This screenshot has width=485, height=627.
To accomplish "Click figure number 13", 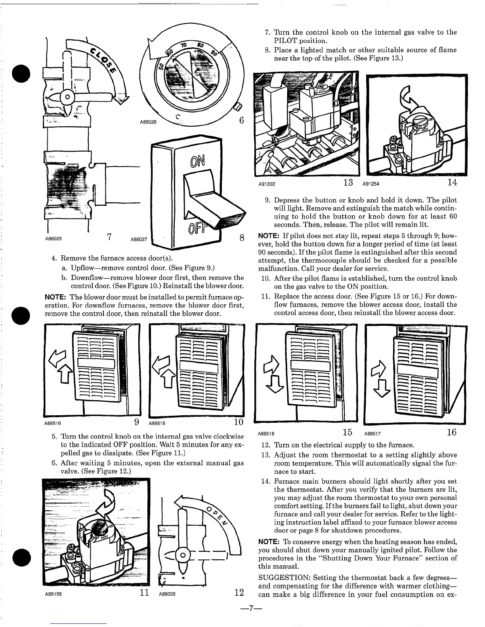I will (348, 182).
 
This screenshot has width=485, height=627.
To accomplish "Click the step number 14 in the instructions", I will (265, 481).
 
